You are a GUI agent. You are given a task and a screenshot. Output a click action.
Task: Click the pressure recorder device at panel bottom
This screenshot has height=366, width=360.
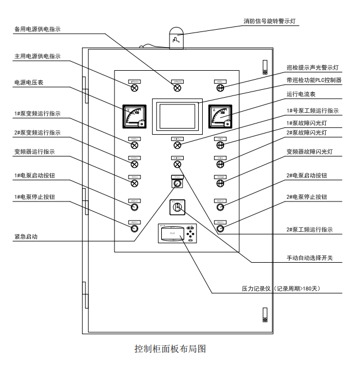177,234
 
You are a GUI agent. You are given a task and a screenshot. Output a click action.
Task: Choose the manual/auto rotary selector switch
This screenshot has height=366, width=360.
177,207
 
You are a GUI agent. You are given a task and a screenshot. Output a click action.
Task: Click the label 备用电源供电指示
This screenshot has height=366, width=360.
37,29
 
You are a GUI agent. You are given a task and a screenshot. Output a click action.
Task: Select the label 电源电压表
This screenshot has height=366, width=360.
29,83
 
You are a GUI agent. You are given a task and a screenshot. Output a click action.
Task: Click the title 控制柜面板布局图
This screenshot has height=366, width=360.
170,349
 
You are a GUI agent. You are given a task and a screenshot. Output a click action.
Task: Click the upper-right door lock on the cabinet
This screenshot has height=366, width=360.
265,67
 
